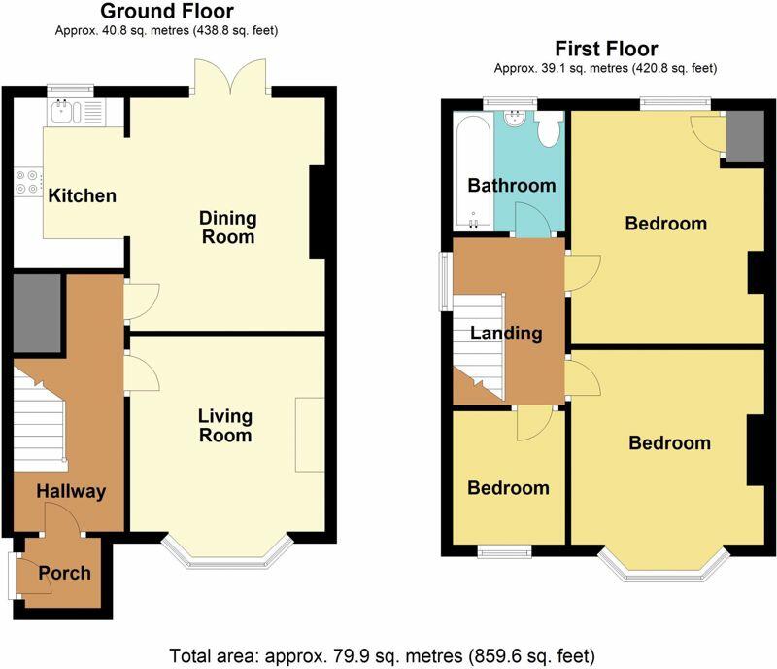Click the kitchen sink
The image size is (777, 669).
coord(65,111)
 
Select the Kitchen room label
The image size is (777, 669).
coord(83,195)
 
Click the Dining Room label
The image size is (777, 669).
coord(228,228)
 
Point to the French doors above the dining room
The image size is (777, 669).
coord(230,77)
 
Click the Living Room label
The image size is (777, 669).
coord(225,425)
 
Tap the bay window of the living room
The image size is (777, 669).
coord(227,553)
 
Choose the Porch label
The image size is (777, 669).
coord(64,573)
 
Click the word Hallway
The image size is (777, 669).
coord(71,491)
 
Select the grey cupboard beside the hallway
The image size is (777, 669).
coord(37,313)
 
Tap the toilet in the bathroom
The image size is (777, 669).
coord(549,128)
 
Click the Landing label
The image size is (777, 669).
coord(506,333)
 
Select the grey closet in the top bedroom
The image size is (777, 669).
coord(745,136)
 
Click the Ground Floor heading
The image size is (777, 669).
coord(167,11)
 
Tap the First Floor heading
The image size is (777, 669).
coord(606,49)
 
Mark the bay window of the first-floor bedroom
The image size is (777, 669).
coord(664,565)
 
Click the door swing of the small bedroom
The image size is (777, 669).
coord(534,423)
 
